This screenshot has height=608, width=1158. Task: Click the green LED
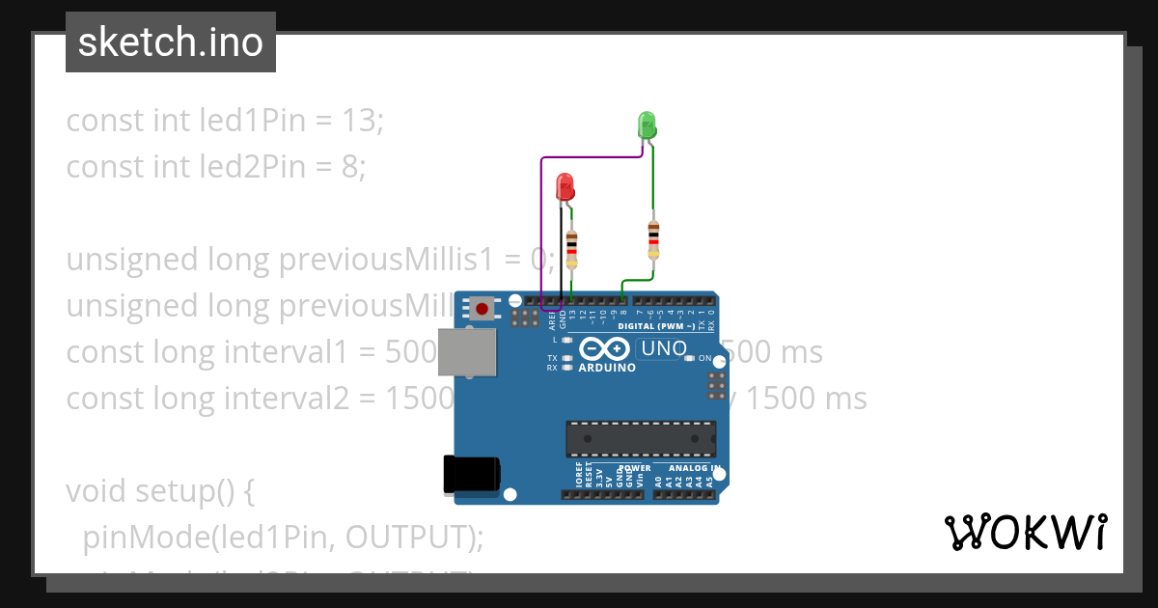point(647,125)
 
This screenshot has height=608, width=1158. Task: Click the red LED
point(565,186)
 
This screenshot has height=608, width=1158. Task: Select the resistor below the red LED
point(572,249)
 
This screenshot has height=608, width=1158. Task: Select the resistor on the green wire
point(654,237)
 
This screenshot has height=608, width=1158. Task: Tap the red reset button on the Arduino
point(481,309)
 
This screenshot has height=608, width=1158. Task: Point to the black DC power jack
point(470,474)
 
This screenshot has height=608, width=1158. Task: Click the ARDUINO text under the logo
point(607,368)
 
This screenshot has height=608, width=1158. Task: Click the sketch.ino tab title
point(171,42)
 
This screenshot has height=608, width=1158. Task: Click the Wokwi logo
point(1025,532)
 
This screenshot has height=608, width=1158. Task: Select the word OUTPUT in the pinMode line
point(408,537)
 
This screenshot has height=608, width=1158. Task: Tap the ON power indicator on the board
point(703,358)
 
